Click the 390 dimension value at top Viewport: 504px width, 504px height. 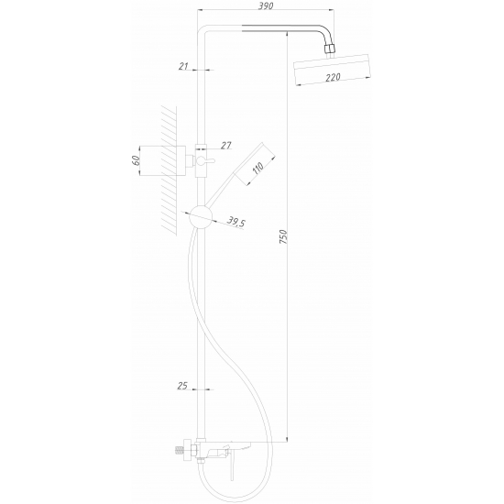(x=266, y=5)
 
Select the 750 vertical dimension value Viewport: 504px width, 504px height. (x=283, y=236)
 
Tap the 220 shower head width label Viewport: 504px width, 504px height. (x=333, y=78)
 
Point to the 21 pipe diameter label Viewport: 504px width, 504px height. (x=183, y=66)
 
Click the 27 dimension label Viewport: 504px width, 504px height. (x=226, y=146)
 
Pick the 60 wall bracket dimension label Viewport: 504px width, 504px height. (x=136, y=160)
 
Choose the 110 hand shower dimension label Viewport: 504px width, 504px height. (x=258, y=168)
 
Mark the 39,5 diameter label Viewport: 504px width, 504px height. (x=236, y=222)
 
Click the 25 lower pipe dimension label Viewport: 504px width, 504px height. (x=182, y=386)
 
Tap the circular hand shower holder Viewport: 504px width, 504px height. (x=201, y=216)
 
